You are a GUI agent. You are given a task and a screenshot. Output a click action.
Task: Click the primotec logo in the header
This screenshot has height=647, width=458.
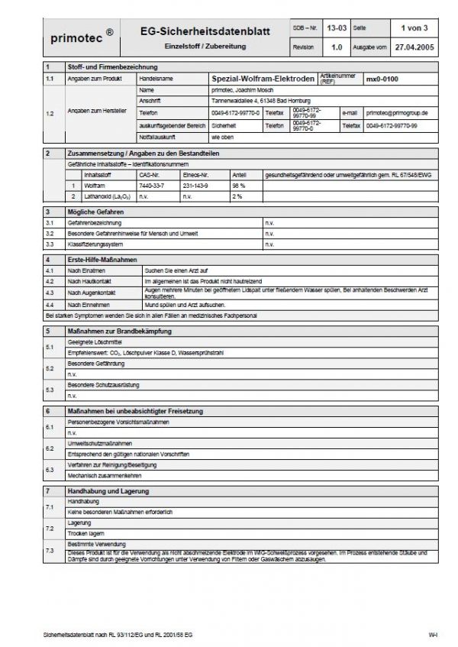pyautogui.click(x=79, y=36)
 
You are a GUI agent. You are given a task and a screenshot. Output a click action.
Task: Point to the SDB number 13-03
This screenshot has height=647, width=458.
pyautogui.click(x=337, y=27)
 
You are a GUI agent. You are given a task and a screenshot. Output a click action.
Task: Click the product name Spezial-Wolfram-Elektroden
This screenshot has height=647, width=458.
pyautogui.click(x=260, y=79)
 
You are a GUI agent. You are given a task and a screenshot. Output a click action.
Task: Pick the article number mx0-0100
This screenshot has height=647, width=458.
pyautogui.click(x=382, y=79)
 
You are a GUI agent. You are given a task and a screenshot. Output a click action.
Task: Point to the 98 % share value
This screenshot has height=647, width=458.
pyautogui.click(x=238, y=186)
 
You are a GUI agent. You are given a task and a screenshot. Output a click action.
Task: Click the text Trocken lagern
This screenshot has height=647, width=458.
pyautogui.click(x=85, y=534)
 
